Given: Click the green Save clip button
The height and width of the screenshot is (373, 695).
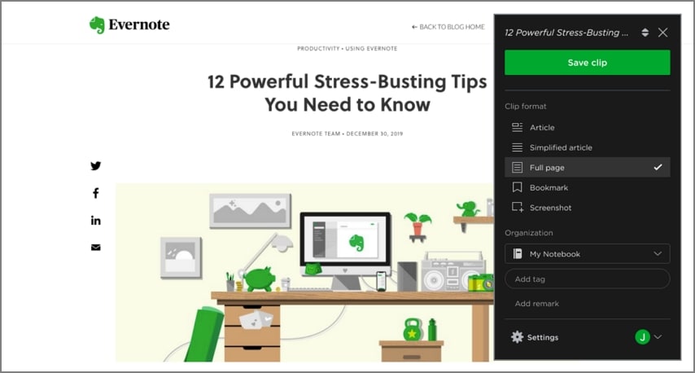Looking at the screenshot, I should click(587, 63).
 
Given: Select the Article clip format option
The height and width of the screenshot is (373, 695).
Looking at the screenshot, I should click(541, 127).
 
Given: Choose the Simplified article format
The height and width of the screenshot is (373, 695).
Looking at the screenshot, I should click(560, 147).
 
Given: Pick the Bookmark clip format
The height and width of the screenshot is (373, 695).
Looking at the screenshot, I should click(549, 187).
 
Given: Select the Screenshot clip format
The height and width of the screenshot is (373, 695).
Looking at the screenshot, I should click(550, 208).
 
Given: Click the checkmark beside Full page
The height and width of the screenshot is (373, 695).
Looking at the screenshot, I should click(658, 168).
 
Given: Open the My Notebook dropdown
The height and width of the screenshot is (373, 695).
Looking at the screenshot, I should click(587, 254).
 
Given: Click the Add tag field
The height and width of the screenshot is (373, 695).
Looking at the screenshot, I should click(587, 279).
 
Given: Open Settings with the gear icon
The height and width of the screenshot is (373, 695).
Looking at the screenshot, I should click(518, 337).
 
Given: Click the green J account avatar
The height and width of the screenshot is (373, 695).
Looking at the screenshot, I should click(642, 337).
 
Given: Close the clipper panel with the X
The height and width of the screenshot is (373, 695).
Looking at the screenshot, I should click(662, 33).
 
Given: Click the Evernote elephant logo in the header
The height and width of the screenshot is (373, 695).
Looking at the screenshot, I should click(98, 25).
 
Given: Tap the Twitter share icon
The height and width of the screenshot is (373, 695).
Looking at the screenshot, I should click(96, 166).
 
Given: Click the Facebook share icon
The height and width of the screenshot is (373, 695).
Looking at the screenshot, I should click(96, 193).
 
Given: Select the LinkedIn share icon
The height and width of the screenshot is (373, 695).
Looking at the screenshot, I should click(96, 220).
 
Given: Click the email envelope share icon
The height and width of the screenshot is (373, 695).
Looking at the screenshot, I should click(96, 247).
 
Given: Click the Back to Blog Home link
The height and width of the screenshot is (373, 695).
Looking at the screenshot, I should click(448, 27).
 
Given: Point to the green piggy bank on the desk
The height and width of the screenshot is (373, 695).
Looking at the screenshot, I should click(258, 279).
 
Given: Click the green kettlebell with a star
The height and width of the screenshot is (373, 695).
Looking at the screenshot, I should click(412, 330).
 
